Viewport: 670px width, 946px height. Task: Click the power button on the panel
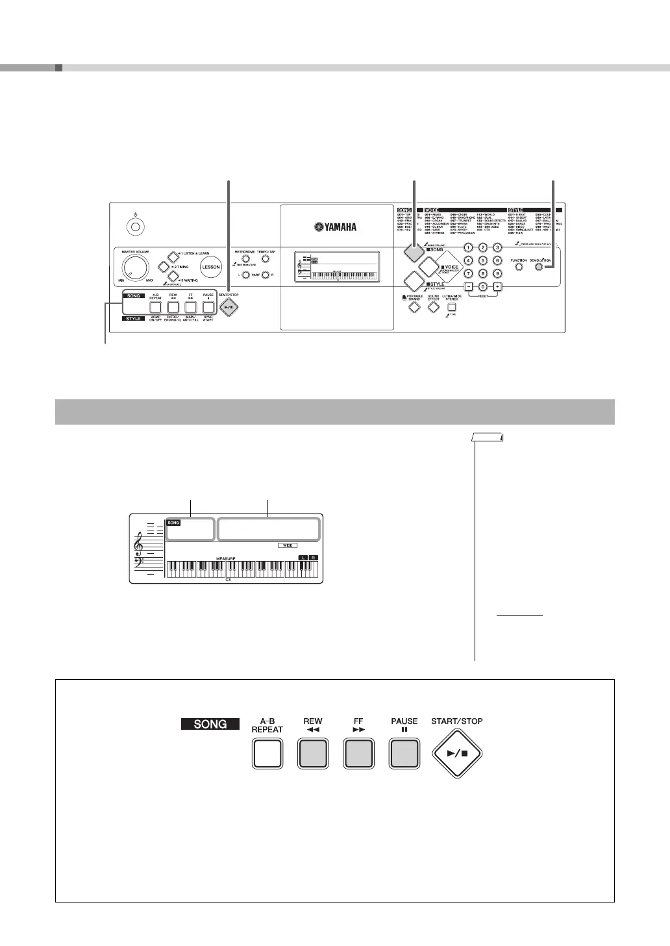pyautogui.click(x=136, y=227)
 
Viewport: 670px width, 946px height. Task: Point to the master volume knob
pyautogui.click(x=134, y=267)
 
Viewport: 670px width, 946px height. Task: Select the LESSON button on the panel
pyautogui.click(x=210, y=267)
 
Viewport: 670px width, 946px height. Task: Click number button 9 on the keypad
pyautogui.click(x=497, y=273)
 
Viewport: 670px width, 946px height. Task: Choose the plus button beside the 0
pyautogui.click(x=497, y=287)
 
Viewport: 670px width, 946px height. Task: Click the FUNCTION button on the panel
pyautogui.click(x=519, y=266)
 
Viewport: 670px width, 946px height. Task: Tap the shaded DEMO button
pyautogui.click(x=538, y=266)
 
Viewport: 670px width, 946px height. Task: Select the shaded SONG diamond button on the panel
pyautogui.click(x=414, y=253)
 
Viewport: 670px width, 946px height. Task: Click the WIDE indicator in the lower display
pyautogui.click(x=288, y=545)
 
